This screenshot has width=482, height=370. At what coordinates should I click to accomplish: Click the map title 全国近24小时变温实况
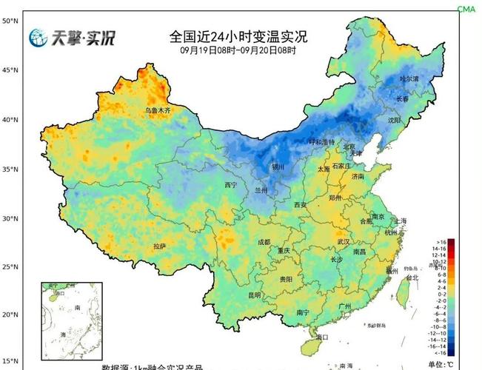(238, 36)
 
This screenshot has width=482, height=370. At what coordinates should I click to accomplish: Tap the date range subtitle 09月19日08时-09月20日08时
(238, 50)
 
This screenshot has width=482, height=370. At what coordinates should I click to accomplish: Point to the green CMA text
(466, 9)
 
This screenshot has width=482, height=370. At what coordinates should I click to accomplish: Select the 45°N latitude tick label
(10, 70)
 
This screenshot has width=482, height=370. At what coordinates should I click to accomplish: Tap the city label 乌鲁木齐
(157, 110)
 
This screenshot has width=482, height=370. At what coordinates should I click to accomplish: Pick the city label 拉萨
(160, 246)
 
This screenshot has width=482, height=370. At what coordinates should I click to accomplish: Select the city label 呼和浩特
(321, 141)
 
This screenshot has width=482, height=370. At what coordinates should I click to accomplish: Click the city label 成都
(264, 243)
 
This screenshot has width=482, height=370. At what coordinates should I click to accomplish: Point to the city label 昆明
(254, 295)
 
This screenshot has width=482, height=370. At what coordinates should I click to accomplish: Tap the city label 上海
(401, 221)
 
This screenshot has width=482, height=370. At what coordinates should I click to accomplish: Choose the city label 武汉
(342, 242)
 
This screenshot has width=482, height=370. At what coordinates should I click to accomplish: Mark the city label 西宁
(230, 185)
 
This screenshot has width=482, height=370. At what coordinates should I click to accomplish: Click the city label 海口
(322, 337)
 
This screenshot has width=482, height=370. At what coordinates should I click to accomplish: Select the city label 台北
(412, 277)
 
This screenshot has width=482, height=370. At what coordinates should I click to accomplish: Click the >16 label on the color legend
(441, 242)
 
